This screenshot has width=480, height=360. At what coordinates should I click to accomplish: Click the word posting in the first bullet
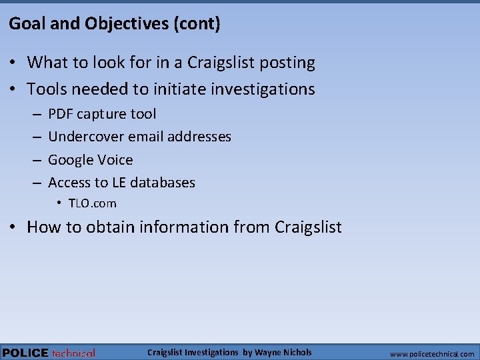(286, 63)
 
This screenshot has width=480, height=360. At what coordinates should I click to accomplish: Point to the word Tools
(47, 89)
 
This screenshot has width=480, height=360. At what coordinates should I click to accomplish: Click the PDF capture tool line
(102, 114)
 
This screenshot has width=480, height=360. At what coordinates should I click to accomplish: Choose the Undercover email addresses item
(139, 137)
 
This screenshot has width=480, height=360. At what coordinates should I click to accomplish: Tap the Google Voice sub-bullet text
(90, 160)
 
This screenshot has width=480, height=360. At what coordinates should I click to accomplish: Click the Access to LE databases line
(121, 182)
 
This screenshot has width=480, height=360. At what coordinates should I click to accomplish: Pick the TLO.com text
(92, 203)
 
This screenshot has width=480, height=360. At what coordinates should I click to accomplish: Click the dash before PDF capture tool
(35, 115)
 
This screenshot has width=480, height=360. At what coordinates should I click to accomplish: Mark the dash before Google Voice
(35, 160)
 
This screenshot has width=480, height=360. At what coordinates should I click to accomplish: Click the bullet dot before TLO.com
(59, 203)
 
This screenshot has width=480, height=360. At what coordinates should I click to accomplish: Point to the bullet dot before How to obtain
(13, 227)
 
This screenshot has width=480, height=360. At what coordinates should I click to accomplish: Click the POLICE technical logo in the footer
(49, 353)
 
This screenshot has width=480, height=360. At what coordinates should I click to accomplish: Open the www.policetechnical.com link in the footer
(432, 354)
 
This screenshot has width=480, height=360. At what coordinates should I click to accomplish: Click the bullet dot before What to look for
(13, 63)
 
